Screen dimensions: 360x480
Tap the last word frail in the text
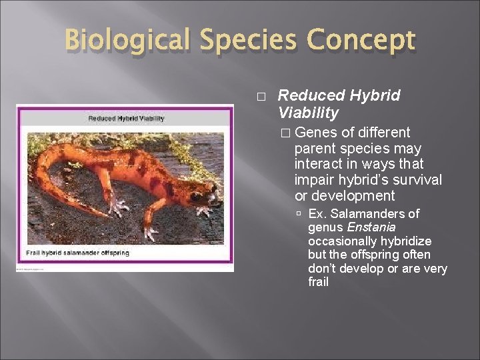click(319, 282)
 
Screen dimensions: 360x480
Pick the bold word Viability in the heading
click(309, 112)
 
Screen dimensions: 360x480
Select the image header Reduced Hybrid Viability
click(126, 119)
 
